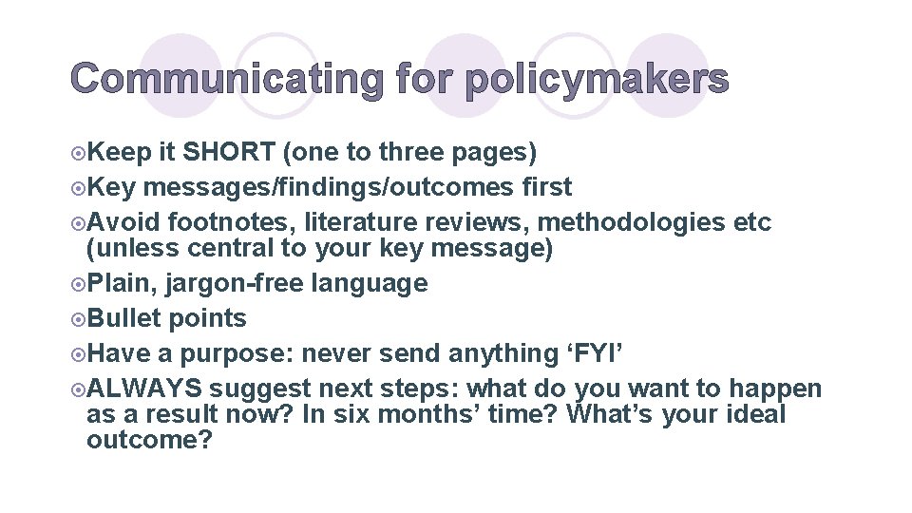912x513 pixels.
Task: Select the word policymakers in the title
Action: tap(597, 80)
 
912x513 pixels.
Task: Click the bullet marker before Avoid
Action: tap(78, 223)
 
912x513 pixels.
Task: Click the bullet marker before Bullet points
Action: tap(78, 319)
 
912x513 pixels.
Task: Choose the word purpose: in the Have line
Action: tap(238, 353)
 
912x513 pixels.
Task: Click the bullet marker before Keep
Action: tap(78, 152)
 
